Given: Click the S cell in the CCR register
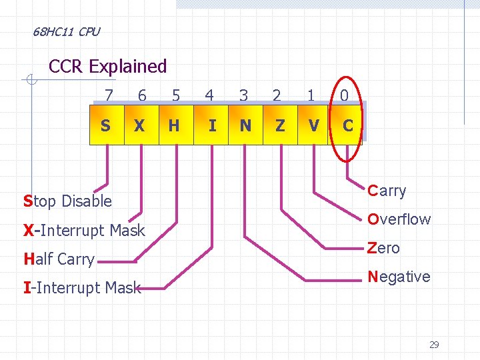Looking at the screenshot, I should pyautogui.click(x=106, y=125).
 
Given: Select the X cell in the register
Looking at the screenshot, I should pyautogui.click(x=140, y=125).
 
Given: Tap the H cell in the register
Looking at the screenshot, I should pyautogui.click(x=174, y=125).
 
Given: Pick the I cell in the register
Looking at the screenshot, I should pyautogui.click(x=211, y=125).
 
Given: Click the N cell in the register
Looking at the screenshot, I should pyautogui.click(x=245, y=125).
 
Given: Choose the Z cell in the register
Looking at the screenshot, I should pyautogui.click(x=279, y=125).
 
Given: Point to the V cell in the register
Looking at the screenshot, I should pyautogui.click(x=313, y=125).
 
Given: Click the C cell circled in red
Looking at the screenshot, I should pyautogui.click(x=347, y=125).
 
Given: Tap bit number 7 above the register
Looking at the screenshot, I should pyautogui.click(x=109, y=96).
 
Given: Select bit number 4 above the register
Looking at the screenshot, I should pyautogui.click(x=209, y=96).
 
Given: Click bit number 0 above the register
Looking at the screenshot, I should pyautogui.click(x=344, y=96).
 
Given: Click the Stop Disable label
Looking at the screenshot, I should pyautogui.click(x=67, y=201).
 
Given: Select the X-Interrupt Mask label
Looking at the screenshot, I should pyautogui.click(x=84, y=231).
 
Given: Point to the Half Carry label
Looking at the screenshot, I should pyautogui.click(x=59, y=259).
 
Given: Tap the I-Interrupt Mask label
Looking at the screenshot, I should pyautogui.click(x=82, y=288).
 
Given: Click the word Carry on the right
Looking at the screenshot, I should pyautogui.click(x=387, y=191).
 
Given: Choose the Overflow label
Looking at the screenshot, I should pyautogui.click(x=399, y=219).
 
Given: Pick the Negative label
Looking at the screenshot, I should pyautogui.click(x=399, y=277).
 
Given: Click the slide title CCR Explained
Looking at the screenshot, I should pyautogui.click(x=108, y=67).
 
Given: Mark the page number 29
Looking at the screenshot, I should pyautogui.click(x=434, y=345).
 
